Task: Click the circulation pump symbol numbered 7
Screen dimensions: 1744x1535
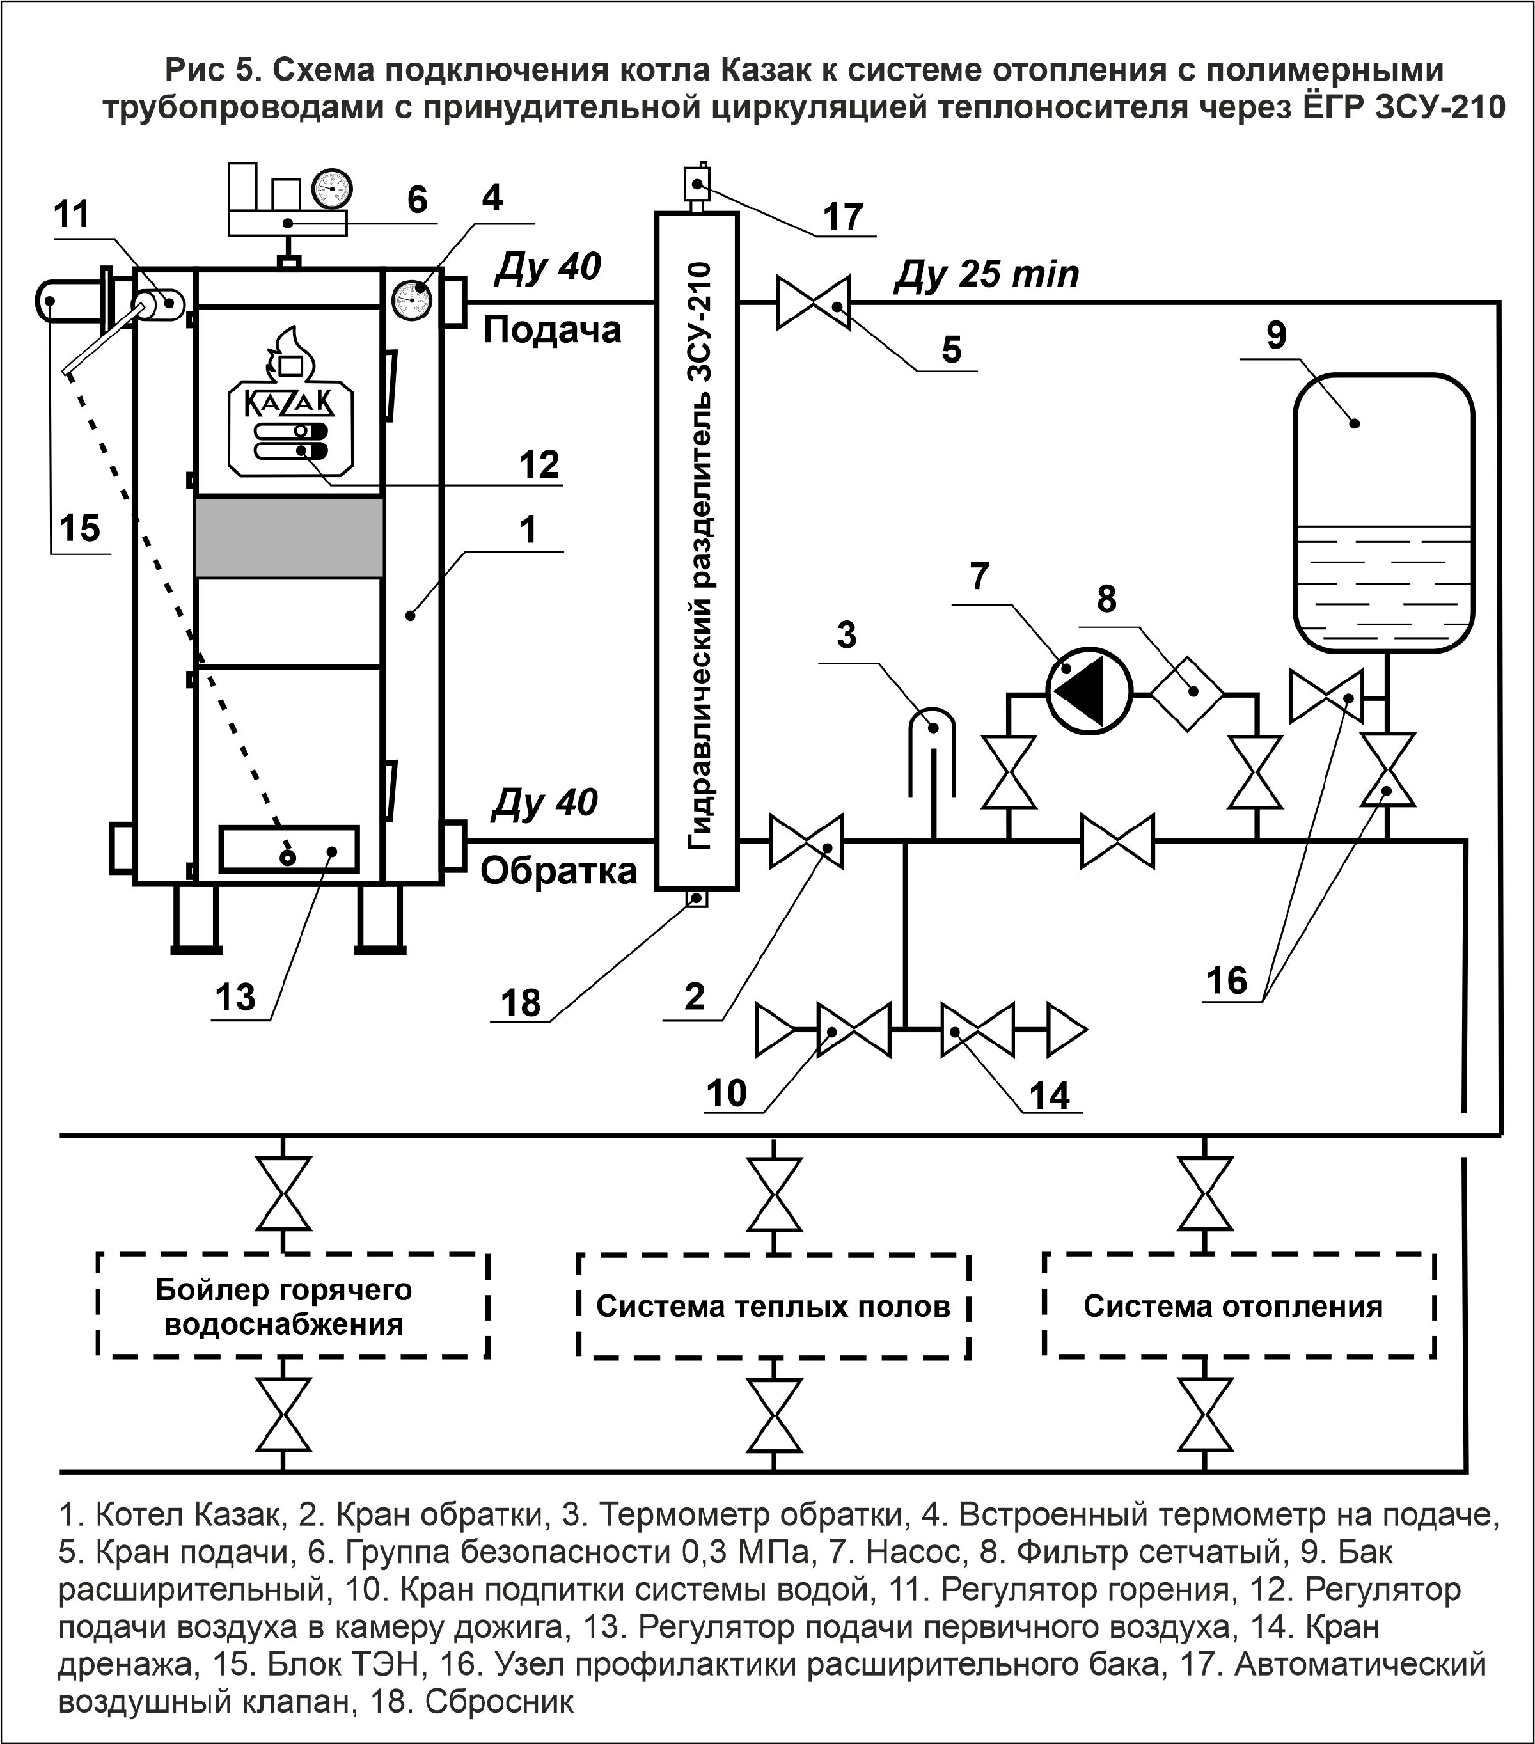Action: tap(1088, 689)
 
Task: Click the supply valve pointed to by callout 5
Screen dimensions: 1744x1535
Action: tap(813, 301)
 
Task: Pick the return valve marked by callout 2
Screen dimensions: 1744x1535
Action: tap(807, 841)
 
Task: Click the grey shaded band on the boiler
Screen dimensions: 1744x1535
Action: tap(288, 538)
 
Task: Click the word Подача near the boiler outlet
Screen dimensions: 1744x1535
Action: tap(551, 330)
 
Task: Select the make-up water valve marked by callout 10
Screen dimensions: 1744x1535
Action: tap(854, 1030)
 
